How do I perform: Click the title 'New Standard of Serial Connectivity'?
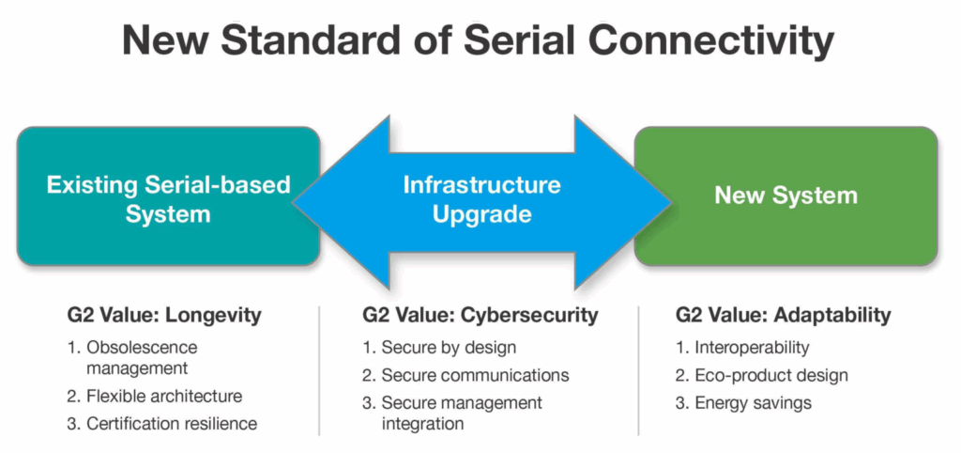pos(478,43)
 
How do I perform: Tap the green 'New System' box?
pos(786,195)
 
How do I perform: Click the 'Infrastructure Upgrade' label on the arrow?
pos(480,198)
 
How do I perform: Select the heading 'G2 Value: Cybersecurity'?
pos(480,316)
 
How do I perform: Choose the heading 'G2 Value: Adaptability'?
pos(783,316)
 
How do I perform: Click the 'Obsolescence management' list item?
pos(142,358)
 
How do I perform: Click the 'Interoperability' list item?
pos(752,348)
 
